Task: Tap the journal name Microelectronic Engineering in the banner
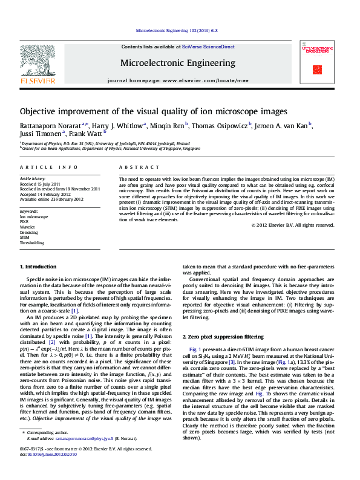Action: coord(178,63)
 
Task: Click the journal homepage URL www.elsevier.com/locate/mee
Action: coord(205,80)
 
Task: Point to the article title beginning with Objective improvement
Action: coord(154,111)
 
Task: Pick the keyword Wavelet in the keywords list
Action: coord(28,227)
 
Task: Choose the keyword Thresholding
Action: coord(31,242)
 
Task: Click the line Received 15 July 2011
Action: coord(40,184)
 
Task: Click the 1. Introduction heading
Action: coord(39,267)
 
